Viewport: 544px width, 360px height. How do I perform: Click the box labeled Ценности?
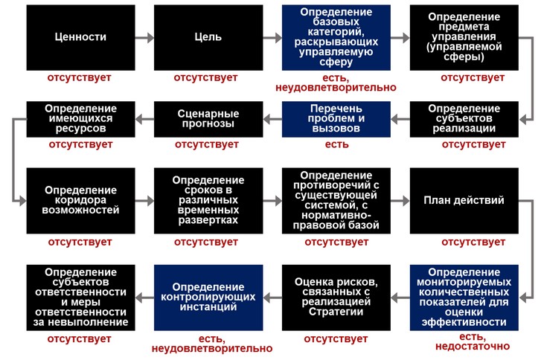coord(81,37)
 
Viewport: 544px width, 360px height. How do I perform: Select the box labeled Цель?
coord(208,37)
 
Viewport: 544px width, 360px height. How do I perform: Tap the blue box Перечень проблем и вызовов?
coord(336,119)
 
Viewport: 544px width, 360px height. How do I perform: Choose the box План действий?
coord(464,201)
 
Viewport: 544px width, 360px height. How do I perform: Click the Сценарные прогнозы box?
coord(208,119)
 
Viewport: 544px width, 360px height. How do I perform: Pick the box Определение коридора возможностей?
coord(81,201)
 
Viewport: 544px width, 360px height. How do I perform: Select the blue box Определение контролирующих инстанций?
coord(208,298)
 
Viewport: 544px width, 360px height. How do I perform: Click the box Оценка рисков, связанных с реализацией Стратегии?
coord(336,298)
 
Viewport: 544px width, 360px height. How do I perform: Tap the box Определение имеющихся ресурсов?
coord(81,119)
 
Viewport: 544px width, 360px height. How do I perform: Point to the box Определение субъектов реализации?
coord(464,119)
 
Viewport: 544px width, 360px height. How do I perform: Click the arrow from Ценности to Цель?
coord(144,37)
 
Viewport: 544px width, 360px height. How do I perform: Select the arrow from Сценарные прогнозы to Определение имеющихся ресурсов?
coord(144,119)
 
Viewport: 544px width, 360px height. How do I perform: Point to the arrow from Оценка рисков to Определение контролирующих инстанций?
coord(272,298)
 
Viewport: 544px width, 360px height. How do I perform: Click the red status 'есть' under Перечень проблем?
coord(336,144)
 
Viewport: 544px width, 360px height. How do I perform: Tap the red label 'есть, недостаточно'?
coord(473,341)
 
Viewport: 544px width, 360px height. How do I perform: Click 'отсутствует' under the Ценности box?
coord(79,77)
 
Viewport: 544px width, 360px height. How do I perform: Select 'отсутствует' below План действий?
coord(473,242)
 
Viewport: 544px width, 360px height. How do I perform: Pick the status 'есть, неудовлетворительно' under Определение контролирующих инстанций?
coord(212,344)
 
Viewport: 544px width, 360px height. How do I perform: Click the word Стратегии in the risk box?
coord(336,312)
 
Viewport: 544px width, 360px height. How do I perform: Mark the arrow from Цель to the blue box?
coord(272,37)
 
